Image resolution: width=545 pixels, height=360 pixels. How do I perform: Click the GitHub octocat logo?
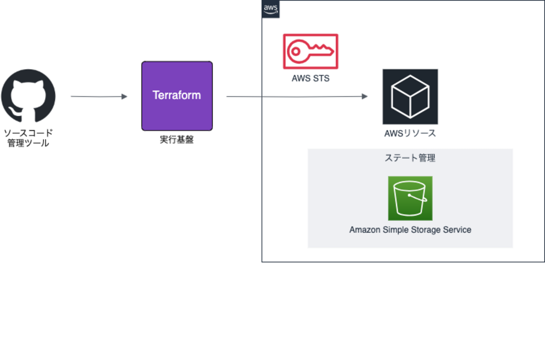coord(28,96)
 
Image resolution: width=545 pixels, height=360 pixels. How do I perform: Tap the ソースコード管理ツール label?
coord(28,138)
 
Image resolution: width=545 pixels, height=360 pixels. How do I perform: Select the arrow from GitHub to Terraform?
coord(99,97)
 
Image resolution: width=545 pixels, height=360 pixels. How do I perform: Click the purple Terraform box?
coord(177,96)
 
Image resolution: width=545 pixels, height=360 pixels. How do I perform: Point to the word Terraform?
coord(177,95)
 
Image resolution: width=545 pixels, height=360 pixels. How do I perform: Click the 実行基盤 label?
coord(177,140)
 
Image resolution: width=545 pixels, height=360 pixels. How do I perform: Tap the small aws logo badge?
coord(271,9)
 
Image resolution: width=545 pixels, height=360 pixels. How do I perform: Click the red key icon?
coord(310,51)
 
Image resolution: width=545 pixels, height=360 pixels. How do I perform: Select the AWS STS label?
coord(310,78)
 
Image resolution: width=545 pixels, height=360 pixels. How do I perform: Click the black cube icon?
coord(410,97)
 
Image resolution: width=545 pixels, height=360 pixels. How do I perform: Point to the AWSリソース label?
coord(410,133)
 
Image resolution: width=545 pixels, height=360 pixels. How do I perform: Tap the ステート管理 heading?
coord(410,158)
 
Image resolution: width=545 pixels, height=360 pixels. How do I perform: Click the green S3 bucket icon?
coord(410,198)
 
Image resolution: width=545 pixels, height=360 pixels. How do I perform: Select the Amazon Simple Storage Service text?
coord(410,230)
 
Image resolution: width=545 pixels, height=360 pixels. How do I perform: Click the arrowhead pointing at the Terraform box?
coord(124,97)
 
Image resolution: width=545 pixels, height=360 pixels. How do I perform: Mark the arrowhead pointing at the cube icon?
coord(365,97)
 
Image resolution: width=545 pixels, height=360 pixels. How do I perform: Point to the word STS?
coord(321,78)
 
